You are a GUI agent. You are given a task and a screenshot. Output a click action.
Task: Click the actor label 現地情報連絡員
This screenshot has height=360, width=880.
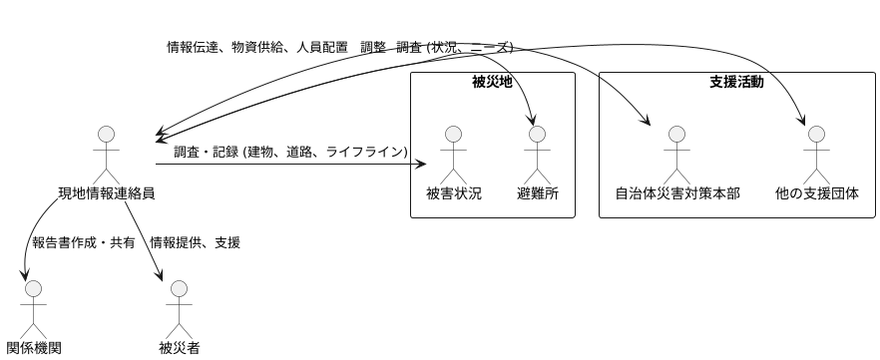point(107,193)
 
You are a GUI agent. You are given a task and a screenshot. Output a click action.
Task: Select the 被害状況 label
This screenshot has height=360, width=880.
point(454,193)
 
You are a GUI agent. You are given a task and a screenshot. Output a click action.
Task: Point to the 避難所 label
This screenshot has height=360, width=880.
point(537,193)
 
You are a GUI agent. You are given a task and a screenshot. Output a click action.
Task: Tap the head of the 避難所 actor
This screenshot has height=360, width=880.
point(537,134)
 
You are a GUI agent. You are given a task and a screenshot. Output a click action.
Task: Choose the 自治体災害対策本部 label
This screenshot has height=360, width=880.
point(677,193)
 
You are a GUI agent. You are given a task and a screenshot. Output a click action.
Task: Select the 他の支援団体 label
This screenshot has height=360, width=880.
point(816,193)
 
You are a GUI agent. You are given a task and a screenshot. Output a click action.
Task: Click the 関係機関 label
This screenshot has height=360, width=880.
point(34,348)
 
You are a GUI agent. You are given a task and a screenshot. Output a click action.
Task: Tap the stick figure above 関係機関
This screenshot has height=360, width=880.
point(34,307)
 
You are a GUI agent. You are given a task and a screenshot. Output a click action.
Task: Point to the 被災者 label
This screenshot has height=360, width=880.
point(180,348)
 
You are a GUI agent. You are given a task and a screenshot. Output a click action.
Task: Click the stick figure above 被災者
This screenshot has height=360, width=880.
point(180,307)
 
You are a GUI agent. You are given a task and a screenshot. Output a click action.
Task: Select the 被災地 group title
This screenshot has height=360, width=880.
point(492,82)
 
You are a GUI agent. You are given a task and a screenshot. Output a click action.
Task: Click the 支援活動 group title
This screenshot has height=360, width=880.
point(736,82)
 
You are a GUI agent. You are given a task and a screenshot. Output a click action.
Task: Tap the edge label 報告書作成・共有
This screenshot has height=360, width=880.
point(84,242)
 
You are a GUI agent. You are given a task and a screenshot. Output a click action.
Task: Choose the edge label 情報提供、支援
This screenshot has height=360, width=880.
point(195,242)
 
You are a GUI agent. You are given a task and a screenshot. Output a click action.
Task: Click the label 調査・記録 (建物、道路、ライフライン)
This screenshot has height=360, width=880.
point(290,153)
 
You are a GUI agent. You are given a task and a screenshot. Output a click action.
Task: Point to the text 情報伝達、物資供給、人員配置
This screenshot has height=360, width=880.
point(257,47)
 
